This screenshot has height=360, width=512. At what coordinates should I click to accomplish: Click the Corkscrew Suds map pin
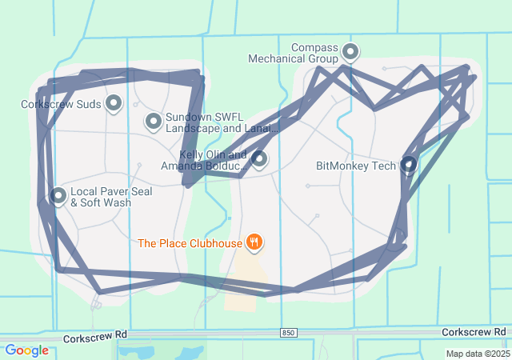114,103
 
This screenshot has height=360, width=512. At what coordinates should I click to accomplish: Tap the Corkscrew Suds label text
61,103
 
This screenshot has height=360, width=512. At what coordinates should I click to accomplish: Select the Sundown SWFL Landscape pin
153,122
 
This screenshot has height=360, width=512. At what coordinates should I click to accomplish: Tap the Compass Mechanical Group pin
350,53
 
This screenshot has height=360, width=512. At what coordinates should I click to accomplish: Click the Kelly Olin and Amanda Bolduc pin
258,159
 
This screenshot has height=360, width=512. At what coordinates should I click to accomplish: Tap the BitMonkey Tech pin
408,165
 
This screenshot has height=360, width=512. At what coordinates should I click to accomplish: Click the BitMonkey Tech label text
356,166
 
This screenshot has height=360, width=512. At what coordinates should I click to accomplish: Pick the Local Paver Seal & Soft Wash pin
58,195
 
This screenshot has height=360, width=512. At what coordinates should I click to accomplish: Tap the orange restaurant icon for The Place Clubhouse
254,242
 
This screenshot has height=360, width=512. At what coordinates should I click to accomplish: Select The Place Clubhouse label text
190,242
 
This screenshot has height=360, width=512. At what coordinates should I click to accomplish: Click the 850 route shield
288,332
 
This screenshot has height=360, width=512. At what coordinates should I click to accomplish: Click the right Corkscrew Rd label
474,331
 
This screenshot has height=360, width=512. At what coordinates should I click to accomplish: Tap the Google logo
26,350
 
